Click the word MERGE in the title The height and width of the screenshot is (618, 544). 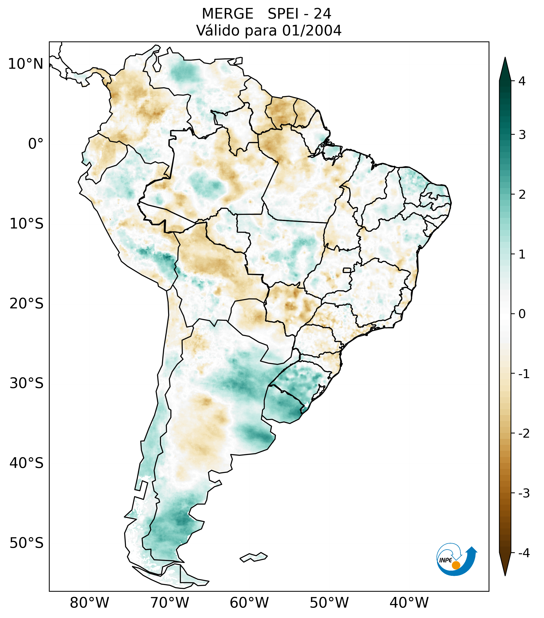coord(227,14)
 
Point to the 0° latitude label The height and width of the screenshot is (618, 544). coord(36,144)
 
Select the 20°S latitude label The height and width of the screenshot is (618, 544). coord(27,304)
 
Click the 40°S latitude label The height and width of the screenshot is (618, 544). coord(27,463)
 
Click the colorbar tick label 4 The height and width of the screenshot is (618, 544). coord(522,81)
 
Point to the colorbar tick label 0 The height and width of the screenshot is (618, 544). coord(522,314)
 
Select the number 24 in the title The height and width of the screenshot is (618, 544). coord(322,14)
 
